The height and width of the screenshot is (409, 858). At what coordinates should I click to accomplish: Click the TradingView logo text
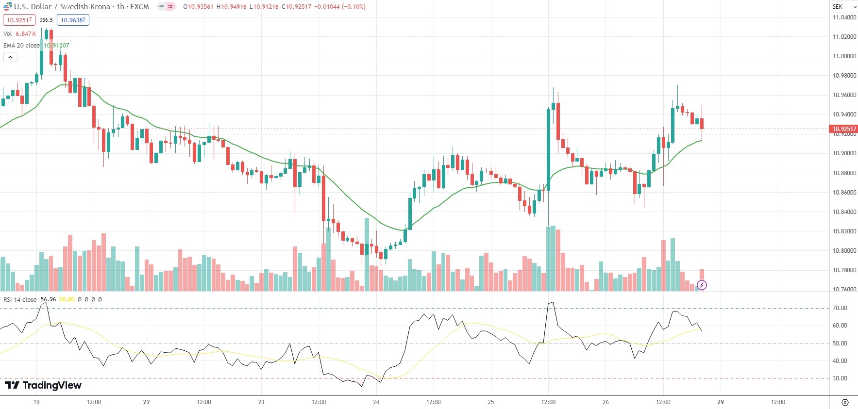click(43, 385)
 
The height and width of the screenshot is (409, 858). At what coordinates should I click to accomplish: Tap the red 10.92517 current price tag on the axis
click(844, 129)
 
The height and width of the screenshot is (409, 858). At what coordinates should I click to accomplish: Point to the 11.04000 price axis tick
click(844, 17)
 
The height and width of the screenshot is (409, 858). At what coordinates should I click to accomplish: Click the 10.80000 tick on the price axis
click(844, 251)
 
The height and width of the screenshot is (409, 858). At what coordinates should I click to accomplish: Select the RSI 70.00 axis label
click(840, 308)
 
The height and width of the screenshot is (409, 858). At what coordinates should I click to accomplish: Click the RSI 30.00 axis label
click(840, 378)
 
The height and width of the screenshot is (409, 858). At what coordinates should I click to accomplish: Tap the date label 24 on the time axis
click(376, 402)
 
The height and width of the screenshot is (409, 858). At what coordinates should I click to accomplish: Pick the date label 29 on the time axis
click(721, 402)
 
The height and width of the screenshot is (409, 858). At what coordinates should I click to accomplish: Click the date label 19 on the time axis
click(36, 402)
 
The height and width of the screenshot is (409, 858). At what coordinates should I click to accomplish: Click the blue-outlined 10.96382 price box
click(73, 20)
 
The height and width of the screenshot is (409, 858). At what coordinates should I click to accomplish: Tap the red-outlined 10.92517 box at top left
click(19, 20)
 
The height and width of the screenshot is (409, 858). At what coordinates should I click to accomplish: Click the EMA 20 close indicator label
click(21, 46)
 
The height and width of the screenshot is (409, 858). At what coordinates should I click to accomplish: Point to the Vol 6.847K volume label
click(19, 34)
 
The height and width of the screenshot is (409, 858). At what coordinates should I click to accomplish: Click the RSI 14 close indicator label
click(20, 299)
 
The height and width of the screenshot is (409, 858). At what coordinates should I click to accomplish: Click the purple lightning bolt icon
click(702, 285)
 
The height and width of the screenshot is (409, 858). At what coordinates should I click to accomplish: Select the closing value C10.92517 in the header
click(296, 7)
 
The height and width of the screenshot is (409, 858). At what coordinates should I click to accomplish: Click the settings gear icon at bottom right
click(845, 402)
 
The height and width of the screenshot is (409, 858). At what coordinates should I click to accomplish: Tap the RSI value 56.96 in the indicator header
click(48, 299)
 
